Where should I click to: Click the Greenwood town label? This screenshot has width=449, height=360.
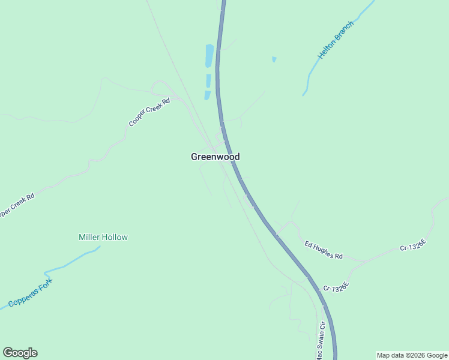215,157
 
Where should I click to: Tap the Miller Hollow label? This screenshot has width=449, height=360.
103,237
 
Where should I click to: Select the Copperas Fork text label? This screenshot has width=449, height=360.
31,293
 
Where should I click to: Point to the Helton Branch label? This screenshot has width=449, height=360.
336,40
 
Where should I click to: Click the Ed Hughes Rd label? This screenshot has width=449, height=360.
323,250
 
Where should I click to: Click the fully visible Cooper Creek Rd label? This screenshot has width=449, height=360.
149,112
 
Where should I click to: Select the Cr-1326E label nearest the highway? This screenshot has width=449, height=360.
336,286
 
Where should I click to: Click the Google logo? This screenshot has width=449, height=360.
20,353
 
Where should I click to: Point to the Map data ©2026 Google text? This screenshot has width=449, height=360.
412,355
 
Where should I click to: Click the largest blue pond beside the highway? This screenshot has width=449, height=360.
209,55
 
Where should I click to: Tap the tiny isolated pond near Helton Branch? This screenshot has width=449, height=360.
274,59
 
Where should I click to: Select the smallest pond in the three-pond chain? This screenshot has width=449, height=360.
207,95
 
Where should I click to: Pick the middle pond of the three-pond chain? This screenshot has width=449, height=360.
208,80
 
